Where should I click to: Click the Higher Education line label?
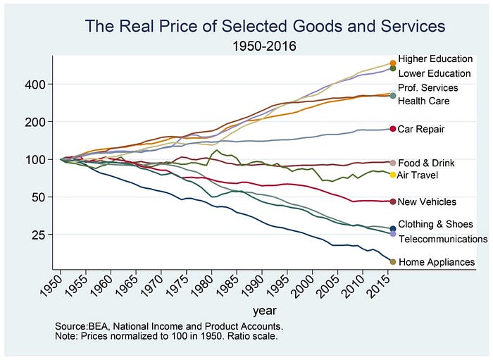(435, 58)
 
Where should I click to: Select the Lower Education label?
(435, 73)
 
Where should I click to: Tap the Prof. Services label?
(428, 88)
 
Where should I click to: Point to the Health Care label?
(424, 101)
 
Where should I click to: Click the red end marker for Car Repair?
(393, 129)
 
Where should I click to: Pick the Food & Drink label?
(427, 163)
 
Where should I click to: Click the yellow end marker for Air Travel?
(393, 175)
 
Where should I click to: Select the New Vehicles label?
(427, 202)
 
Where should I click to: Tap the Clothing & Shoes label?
(435, 224)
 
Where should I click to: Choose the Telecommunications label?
(442, 239)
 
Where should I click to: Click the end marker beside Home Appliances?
(393, 262)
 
